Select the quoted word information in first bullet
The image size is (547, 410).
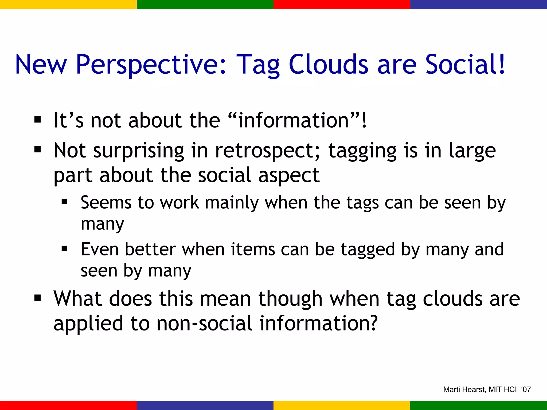(293, 121)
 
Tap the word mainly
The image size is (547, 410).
(232, 203)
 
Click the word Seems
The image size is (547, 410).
(106, 202)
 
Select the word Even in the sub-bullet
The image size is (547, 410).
(100, 249)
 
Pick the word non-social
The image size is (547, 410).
(204, 323)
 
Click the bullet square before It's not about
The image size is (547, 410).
(38, 120)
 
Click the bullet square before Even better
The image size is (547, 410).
(64, 249)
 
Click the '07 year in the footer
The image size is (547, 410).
(526, 389)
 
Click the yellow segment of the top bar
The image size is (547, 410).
(68, 4)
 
